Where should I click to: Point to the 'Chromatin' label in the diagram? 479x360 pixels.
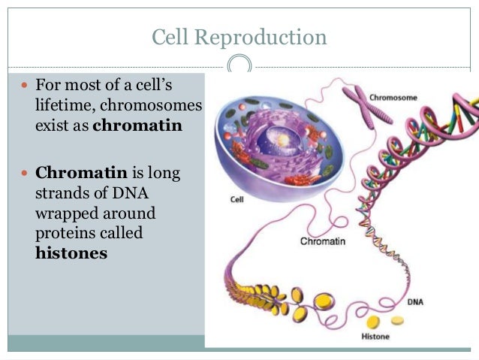click(x=322, y=241)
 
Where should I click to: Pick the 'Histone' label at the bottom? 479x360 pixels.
click(x=375, y=336)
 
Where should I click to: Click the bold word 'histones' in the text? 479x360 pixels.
click(x=71, y=253)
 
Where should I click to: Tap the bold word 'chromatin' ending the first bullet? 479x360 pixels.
click(x=137, y=126)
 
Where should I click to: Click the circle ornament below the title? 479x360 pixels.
click(x=239, y=65)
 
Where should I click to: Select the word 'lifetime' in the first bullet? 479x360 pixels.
click(x=64, y=106)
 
